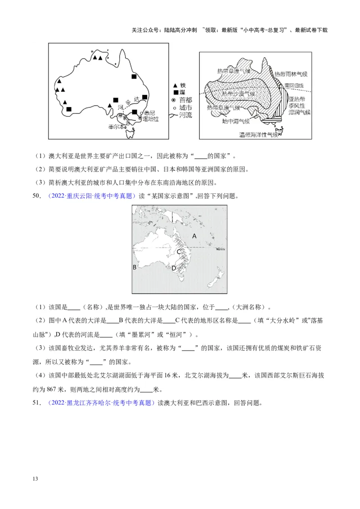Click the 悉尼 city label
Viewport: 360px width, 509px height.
(149, 113)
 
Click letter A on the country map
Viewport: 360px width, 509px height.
(194, 236)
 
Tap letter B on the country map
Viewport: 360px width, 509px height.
(134, 267)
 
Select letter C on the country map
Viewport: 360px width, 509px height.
(179, 251)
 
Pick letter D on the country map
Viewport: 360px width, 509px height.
(174, 268)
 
